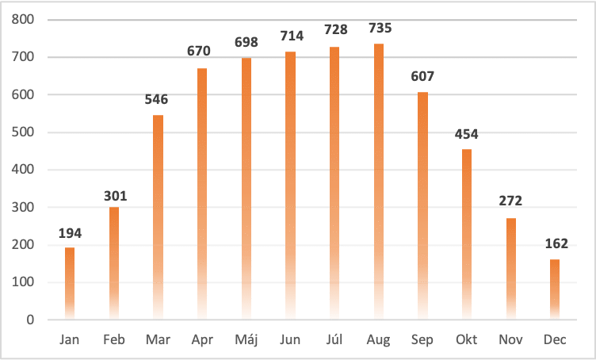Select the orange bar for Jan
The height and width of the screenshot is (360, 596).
[x=70, y=283]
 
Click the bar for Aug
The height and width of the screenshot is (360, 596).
[x=378, y=182]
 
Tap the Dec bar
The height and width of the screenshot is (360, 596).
[x=555, y=289]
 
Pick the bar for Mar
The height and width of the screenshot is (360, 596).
[x=158, y=217]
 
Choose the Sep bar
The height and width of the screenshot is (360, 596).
[x=422, y=205]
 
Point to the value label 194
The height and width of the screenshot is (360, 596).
[x=70, y=233]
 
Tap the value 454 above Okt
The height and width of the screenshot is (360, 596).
[x=466, y=134]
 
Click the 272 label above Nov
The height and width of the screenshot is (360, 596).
[x=510, y=202]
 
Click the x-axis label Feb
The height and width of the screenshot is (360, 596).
[x=114, y=339]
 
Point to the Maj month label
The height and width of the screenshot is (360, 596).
[x=246, y=339]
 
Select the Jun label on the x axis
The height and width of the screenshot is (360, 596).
[x=290, y=339]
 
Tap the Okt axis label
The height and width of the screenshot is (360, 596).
[x=466, y=339]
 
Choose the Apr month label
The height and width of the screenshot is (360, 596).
[x=202, y=339]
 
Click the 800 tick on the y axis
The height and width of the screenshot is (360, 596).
[x=23, y=20]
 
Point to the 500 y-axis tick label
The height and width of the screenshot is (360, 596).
[x=23, y=132]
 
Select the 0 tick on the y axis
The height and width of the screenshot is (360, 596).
[x=30, y=320]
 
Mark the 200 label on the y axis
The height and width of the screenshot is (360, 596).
[x=23, y=245]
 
